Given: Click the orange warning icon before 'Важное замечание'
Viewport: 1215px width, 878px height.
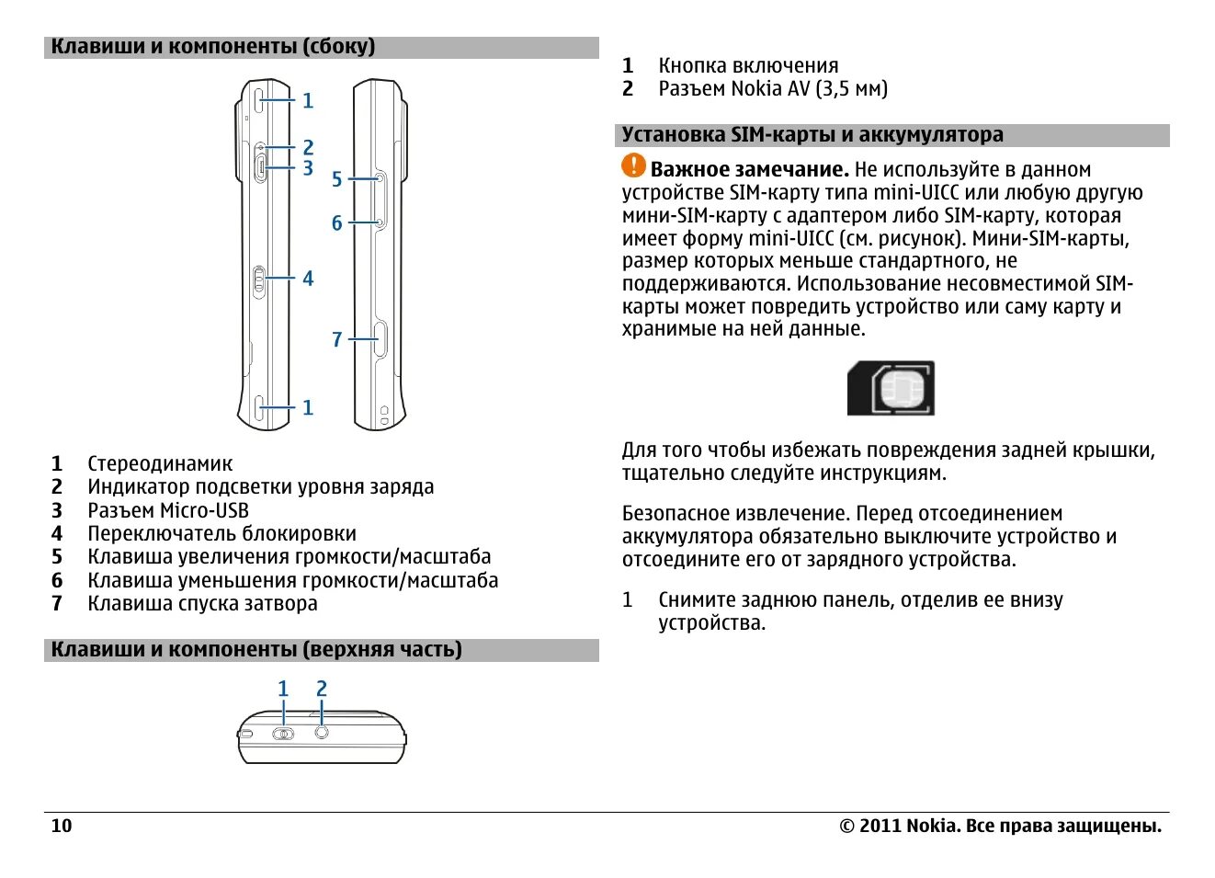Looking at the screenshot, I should (x=633, y=165).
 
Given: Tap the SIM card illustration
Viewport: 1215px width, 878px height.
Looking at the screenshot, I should (x=891, y=388).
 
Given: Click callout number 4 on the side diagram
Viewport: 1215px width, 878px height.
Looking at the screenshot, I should (x=308, y=279).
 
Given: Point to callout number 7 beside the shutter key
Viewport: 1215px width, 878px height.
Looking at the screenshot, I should (x=336, y=340).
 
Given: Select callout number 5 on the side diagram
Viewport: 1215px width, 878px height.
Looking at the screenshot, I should (x=336, y=179).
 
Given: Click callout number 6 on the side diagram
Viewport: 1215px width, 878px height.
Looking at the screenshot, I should (x=336, y=223).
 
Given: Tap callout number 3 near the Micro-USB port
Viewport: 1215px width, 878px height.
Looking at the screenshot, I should (x=308, y=168).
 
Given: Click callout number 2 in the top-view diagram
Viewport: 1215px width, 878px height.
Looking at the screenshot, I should (x=322, y=689).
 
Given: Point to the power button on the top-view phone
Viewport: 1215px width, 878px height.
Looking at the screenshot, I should (x=283, y=734).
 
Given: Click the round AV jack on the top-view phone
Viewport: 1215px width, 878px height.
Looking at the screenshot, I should (x=322, y=733).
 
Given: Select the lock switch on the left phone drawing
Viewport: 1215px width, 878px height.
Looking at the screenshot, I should (x=259, y=280).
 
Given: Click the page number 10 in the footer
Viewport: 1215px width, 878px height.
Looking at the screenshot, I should (x=61, y=826).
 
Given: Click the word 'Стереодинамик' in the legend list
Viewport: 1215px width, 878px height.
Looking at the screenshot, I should (x=160, y=464).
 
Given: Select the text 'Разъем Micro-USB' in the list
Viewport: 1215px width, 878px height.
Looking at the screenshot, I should (x=168, y=510).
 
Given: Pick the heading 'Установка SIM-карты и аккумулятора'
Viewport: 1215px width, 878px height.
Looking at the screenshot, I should (x=812, y=135).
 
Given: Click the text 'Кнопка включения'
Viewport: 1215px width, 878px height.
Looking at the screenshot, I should (x=748, y=66).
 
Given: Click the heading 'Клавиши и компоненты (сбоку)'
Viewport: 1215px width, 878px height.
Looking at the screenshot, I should (x=213, y=47).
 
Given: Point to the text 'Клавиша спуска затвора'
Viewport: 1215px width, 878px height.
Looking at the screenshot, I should (x=202, y=604).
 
